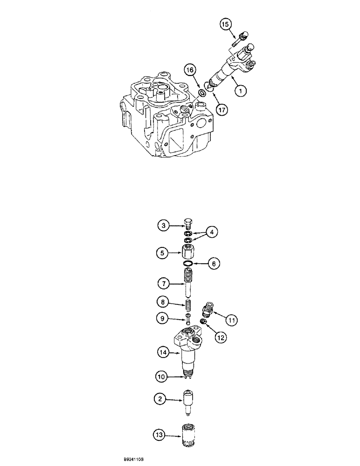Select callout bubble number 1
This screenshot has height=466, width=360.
(x=241, y=92)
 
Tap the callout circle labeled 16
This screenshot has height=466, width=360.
(x=190, y=71)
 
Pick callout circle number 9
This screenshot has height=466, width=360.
(x=162, y=319)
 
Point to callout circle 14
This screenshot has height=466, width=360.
(x=162, y=353)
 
